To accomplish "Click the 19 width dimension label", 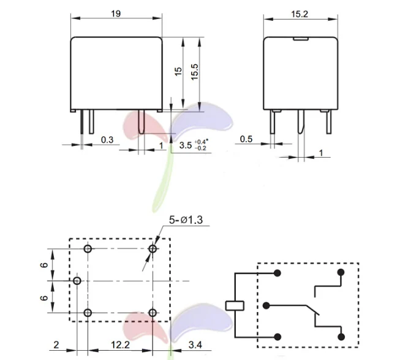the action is (116, 13).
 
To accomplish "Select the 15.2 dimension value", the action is (300, 14).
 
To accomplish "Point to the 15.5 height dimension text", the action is (194, 72).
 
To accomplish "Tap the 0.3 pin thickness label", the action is (107, 140).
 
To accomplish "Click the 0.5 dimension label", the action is (246, 139).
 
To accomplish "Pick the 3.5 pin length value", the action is (186, 145).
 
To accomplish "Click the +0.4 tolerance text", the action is (201, 142).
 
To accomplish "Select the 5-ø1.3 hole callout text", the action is (186, 220).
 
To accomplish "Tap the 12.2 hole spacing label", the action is (120, 345).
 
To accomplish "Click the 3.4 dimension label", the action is (195, 345).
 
